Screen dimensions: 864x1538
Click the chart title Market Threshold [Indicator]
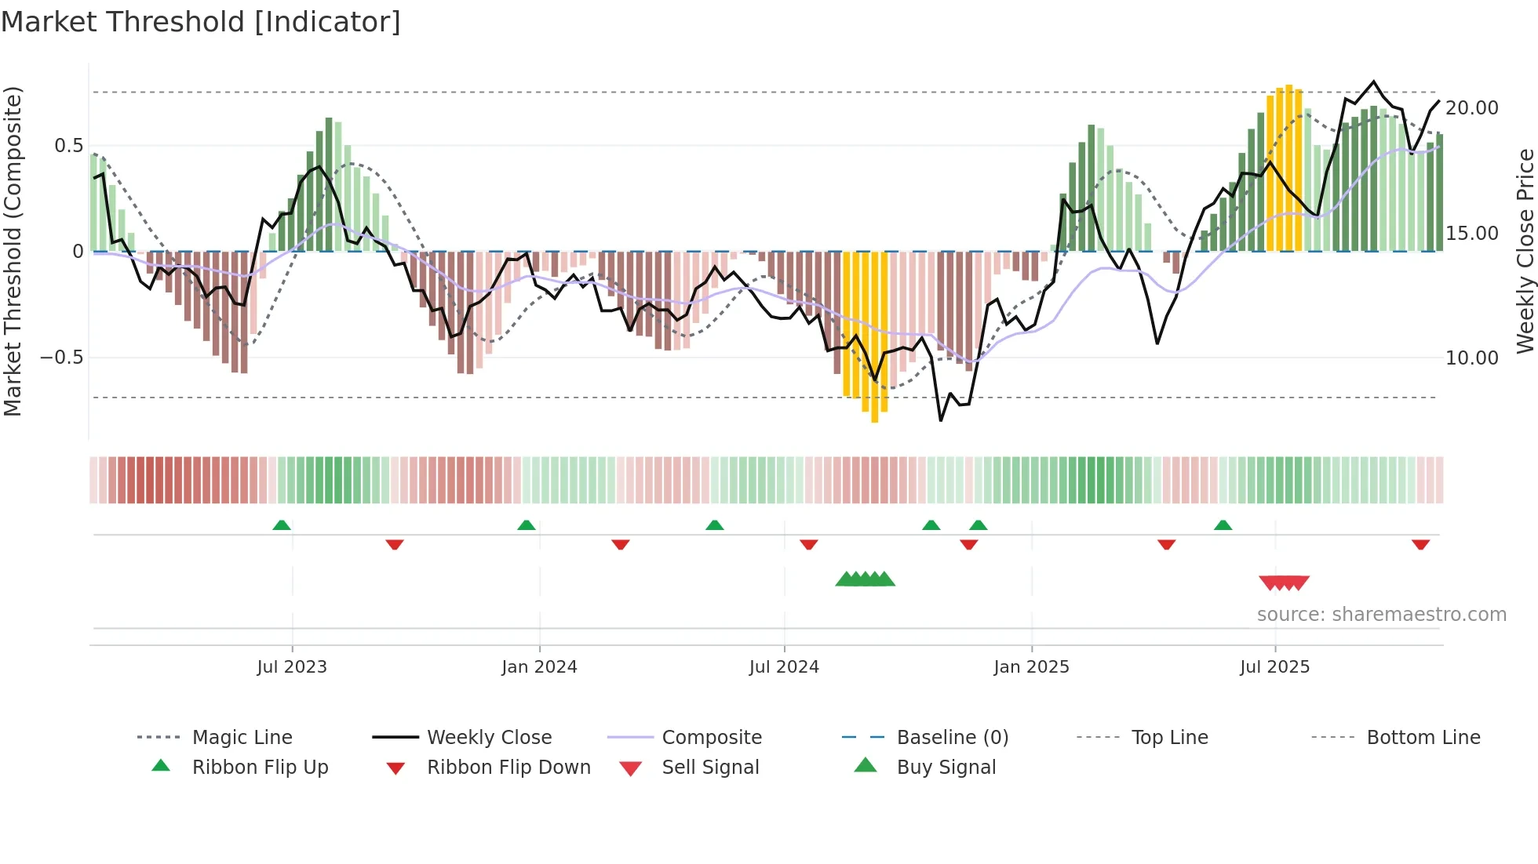pos(201,22)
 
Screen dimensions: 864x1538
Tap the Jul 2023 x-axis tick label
pos(292,667)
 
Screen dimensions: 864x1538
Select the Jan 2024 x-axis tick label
pos(539,667)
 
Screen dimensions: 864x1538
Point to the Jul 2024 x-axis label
pos(784,667)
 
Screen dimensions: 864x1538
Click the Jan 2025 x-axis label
pos(1031,667)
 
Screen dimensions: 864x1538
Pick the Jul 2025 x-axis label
pos(1275,667)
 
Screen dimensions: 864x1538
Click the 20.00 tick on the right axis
pos(1471,108)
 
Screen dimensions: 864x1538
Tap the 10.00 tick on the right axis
pos(1471,358)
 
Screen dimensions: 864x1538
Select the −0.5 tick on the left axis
pos(62,358)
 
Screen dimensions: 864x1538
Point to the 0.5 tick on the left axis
pos(68,146)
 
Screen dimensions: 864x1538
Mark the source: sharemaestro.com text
pos(1381,615)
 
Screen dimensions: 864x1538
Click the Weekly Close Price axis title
pos(1525,251)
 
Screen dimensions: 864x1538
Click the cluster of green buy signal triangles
pos(865,579)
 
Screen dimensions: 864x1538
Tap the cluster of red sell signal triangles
pos(1284,583)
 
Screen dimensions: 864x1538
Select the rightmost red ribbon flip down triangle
pos(1420,544)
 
